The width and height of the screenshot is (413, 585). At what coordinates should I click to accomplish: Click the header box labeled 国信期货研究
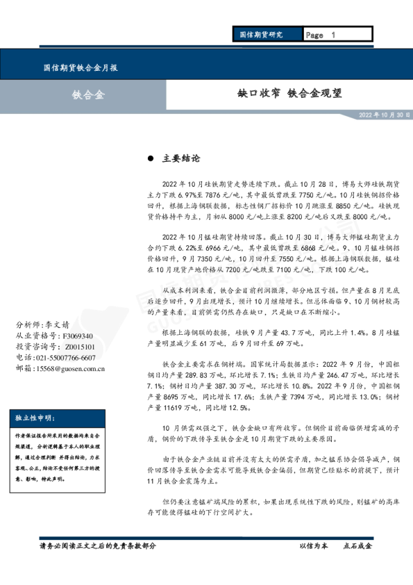click(x=260, y=34)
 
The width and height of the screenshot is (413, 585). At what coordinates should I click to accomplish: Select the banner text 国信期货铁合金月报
click(x=80, y=68)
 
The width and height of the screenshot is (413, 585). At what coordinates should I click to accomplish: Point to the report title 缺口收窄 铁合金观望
click(x=289, y=93)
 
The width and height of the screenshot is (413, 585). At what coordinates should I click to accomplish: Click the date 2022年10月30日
click(x=384, y=114)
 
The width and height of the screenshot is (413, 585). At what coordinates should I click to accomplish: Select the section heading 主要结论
click(x=181, y=158)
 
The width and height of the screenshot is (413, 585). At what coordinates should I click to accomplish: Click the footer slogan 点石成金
click(x=357, y=546)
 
